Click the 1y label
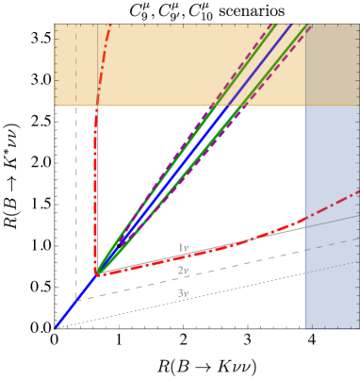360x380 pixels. pos(183,248)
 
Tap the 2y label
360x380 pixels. pos(183,271)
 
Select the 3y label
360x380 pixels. pos(183,293)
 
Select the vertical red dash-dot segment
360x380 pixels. pos(96,189)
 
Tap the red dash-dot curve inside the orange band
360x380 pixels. pos(103,57)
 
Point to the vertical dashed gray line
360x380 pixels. pos(76,189)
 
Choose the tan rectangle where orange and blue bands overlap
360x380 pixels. pos(332,64)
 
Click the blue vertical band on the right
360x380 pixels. pos(332,264)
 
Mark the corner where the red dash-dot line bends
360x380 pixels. pos(96,273)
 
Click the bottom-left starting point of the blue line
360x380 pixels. pos(56,327)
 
